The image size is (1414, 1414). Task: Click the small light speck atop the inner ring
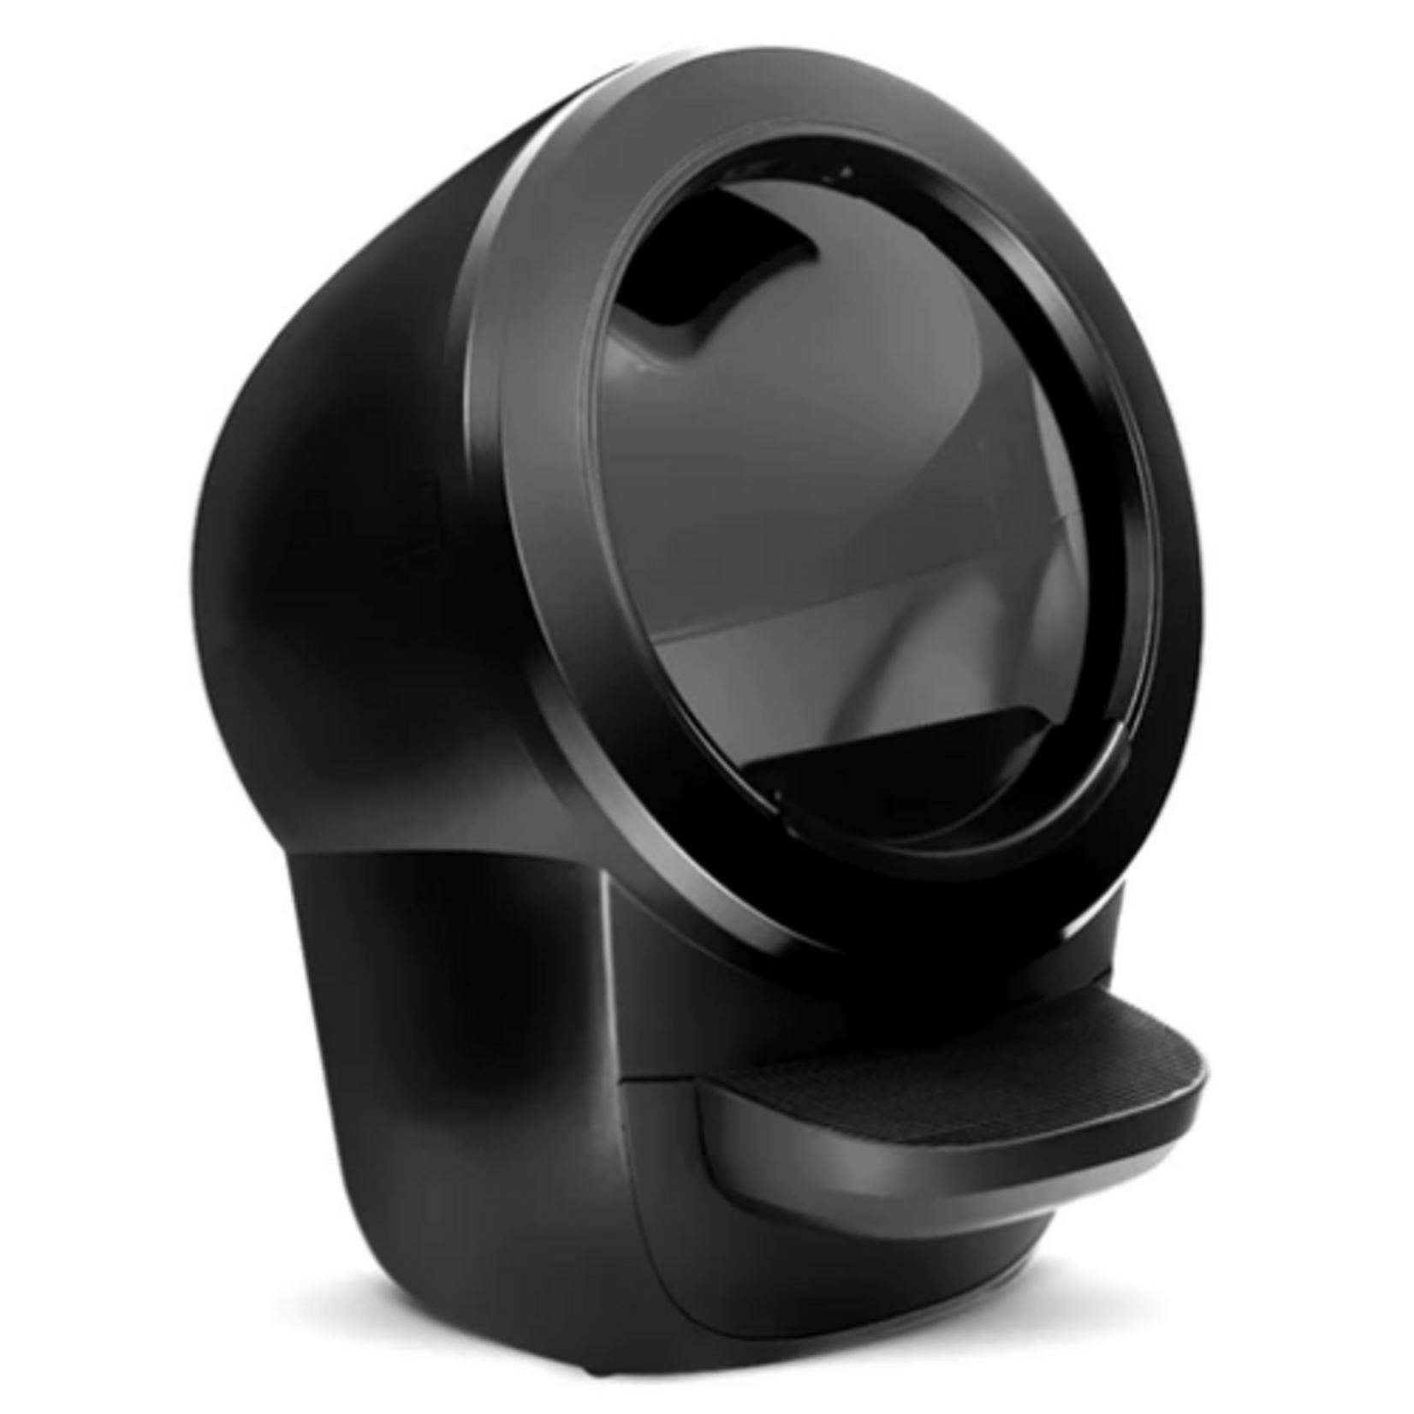coord(847,170)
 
